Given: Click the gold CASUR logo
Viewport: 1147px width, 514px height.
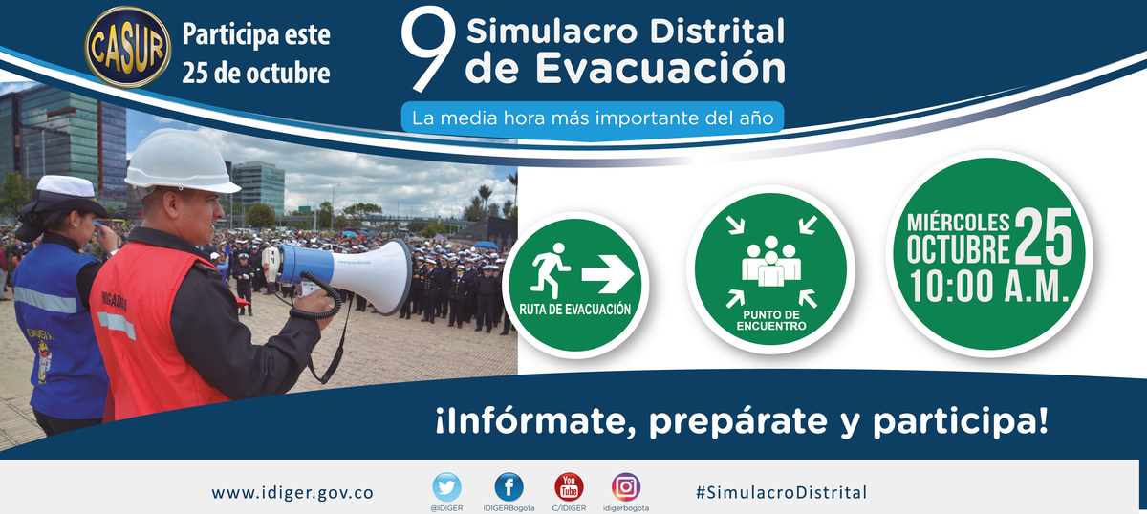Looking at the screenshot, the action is coord(127,47).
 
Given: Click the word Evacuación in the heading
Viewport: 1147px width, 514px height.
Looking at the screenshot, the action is coord(660,68).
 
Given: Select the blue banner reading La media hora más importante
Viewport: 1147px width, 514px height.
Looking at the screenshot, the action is coord(593,118).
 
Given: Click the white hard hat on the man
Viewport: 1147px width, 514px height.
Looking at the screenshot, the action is coord(181,162).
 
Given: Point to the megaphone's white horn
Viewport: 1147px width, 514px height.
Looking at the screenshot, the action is coord(374,276).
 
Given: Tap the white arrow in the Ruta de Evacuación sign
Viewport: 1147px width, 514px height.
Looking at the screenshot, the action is coord(608,274).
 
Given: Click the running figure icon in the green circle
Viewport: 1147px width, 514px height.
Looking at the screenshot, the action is coord(551,270).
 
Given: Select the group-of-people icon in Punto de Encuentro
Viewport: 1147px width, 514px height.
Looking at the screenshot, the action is coord(771,261).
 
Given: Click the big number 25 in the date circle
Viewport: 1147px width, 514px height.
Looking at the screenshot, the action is coord(1044,236).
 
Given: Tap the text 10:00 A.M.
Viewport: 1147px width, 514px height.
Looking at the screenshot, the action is coord(988,287).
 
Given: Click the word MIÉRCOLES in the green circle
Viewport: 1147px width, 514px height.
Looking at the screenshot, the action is coord(958,223).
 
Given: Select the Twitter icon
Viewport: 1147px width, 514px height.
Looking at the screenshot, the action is coord(446,487).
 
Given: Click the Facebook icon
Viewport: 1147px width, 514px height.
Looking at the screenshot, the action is coord(509,487).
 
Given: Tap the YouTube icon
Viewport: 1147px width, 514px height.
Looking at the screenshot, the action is coord(569,487).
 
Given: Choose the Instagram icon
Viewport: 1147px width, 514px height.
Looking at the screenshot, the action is coord(626,487).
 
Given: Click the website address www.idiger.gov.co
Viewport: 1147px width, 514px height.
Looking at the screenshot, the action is coord(292,493).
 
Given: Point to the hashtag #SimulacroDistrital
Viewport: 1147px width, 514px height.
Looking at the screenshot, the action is coord(782,492).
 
